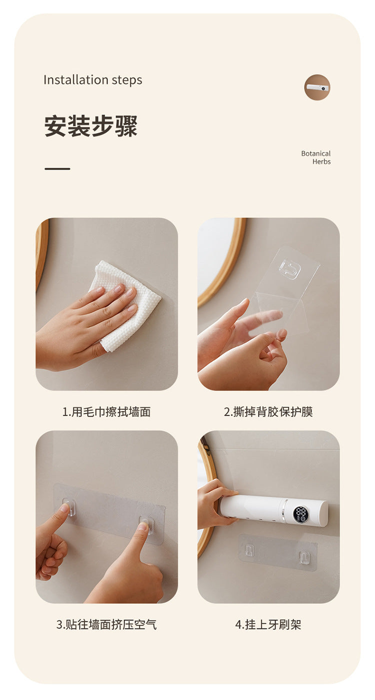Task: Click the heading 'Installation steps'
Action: coord(92,80)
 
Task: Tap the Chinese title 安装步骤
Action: coord(90,126)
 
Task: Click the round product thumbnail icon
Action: coord(317,88)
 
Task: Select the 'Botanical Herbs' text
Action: coord(316,158)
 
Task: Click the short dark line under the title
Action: coord(57,169)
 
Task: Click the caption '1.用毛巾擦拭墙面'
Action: coord(106,412)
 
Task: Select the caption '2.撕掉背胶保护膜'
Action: coord(268,412)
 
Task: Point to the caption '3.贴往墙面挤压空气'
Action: coord(106,624)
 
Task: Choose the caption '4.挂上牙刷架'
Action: coord(268,624)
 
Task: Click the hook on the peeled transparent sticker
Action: coord(289,269)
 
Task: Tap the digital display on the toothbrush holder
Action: coord(301,514)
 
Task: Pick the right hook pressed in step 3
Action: coord(146,524)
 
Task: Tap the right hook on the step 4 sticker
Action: coord(303,557)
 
